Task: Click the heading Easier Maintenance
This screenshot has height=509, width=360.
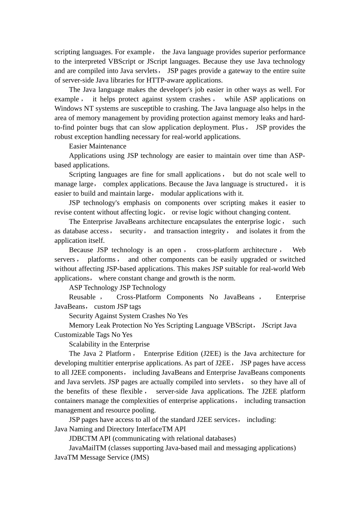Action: [97, 146]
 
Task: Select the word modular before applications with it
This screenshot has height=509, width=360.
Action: [173, 194]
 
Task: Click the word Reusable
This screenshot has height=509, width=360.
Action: [82, 297]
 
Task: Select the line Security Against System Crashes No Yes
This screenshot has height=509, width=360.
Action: [128, 316]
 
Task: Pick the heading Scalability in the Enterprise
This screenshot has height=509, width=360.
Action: [109, 344]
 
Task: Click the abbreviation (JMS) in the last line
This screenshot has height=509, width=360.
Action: [139, 457]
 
